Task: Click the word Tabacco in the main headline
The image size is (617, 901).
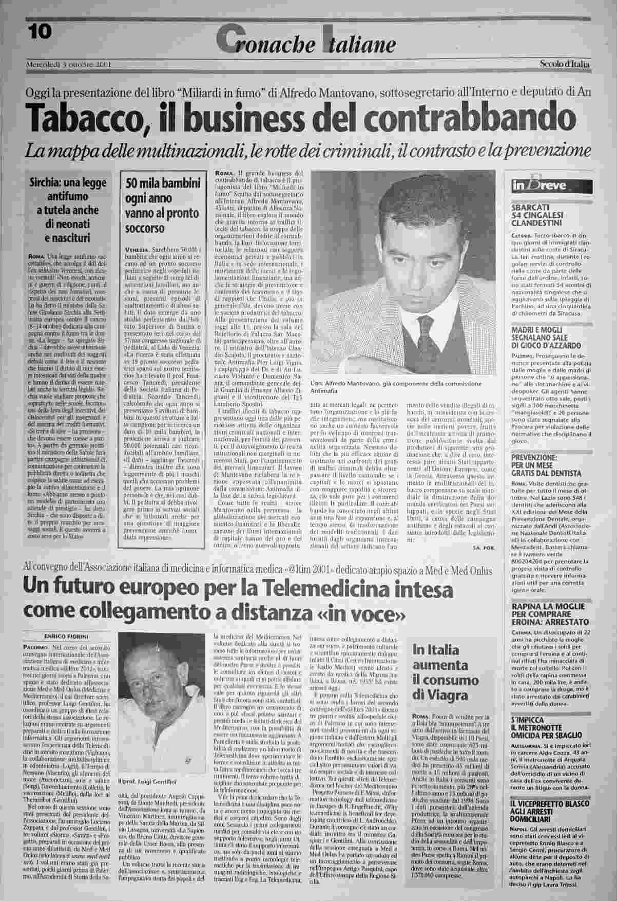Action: (86, 118)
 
